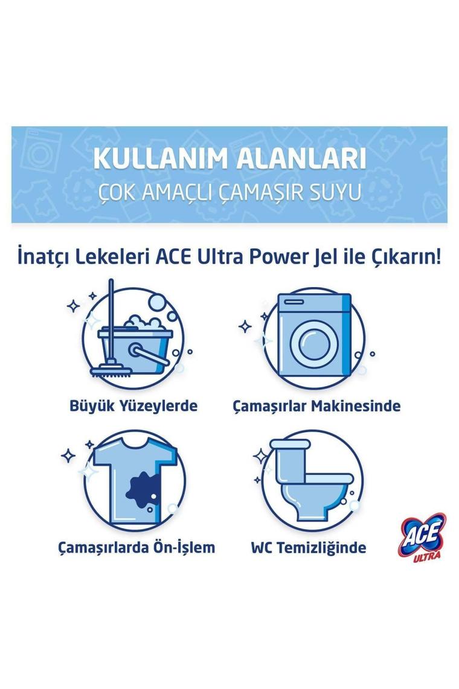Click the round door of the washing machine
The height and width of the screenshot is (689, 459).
click(x=312, y=343)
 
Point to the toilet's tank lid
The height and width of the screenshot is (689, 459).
click(x=290, y=444)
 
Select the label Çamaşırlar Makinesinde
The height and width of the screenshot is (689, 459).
click(x=316, y=406)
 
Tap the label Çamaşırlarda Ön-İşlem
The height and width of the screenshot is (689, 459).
click(x=136, y=548)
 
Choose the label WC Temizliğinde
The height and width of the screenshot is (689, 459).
click(x=308, y=548)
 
